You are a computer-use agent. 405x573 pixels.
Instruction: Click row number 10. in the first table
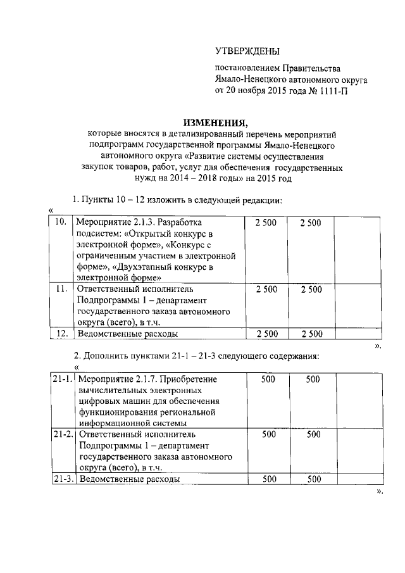coord(61,222)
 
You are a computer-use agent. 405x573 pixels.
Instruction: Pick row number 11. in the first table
coord(61,289)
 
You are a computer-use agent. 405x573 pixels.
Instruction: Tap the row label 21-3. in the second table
coord(63,479)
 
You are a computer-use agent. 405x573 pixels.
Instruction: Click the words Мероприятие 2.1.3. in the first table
coord(115,223)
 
